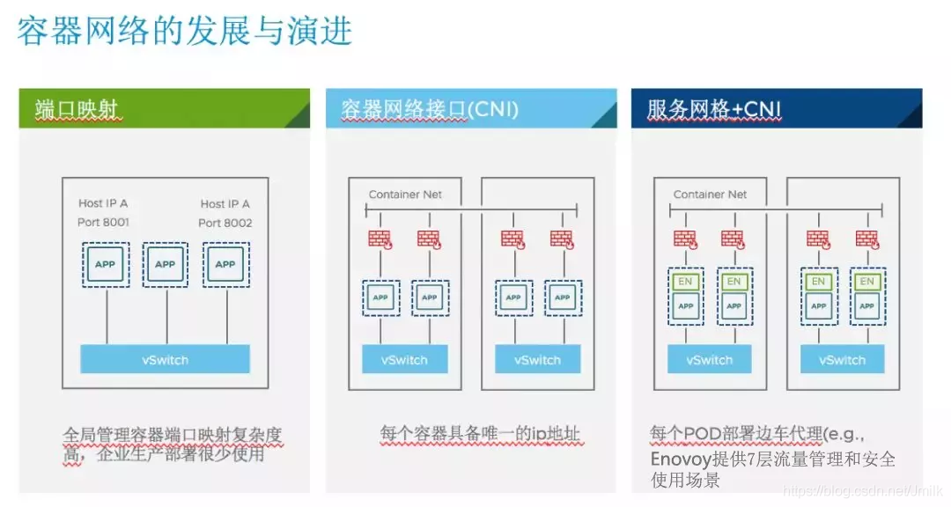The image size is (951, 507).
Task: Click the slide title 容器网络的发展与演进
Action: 184,31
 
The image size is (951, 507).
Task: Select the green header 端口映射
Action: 164,108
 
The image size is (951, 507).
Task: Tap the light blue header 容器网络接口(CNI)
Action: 470,108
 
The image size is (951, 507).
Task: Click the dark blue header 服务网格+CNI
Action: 777,108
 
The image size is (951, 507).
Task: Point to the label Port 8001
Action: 103,222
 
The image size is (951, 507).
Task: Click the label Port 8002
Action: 225,223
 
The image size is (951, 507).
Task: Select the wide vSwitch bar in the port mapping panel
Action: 165,359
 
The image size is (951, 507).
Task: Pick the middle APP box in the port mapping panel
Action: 165,264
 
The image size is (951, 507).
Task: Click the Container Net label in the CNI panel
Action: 405,194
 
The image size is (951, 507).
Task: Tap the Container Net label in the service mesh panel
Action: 710,194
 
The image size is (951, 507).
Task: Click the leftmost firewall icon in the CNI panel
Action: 380,239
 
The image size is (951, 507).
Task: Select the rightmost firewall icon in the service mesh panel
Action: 867,239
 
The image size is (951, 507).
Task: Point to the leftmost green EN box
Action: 685,282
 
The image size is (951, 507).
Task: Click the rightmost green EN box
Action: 867,282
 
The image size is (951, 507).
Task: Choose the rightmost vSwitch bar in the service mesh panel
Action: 843,359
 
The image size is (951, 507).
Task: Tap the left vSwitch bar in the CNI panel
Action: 404,359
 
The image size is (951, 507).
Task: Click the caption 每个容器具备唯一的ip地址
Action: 480,433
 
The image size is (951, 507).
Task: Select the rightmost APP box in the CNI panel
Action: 563,298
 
